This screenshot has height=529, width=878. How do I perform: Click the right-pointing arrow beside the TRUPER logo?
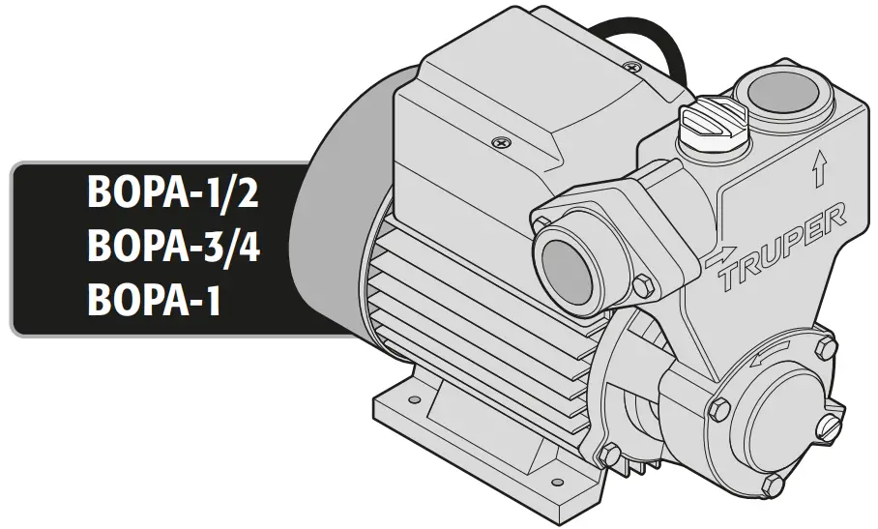[x=719, y=260]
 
